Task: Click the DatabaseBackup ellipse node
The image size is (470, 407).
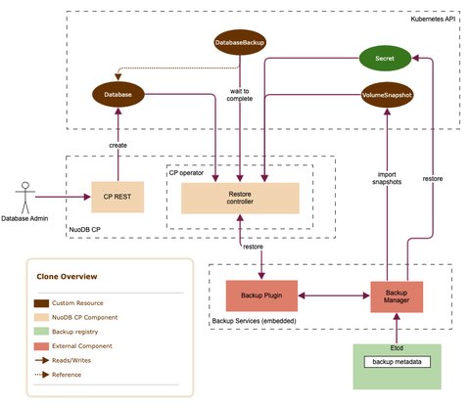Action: (241, 42)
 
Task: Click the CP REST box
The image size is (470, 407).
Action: (117, 197)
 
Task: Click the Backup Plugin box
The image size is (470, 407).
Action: (262, 294)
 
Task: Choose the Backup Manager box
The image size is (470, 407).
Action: (398, 294)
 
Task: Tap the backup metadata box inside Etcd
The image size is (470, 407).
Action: (398, 363)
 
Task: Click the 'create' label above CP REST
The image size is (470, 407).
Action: (117, 145)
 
